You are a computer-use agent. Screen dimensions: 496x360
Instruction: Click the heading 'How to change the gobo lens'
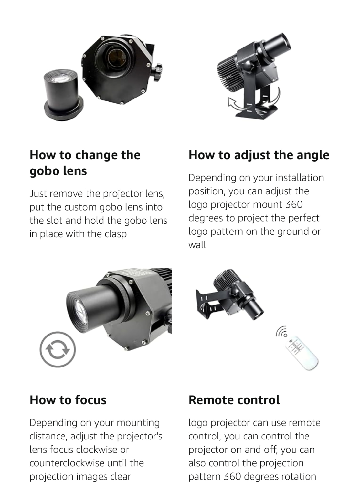(x=85, y=163)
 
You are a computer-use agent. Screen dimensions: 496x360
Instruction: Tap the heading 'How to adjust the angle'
(x=259, y=155)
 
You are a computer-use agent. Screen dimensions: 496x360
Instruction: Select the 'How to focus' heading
(x=68, y=400)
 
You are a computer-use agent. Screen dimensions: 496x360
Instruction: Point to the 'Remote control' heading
(x=234, y=400)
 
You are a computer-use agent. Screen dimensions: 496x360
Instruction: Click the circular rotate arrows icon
(x=58, y=349)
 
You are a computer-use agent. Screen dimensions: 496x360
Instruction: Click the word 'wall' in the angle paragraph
(x=197, y=245)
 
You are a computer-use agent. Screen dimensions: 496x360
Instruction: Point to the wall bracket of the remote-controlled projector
(x=207, y=302)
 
